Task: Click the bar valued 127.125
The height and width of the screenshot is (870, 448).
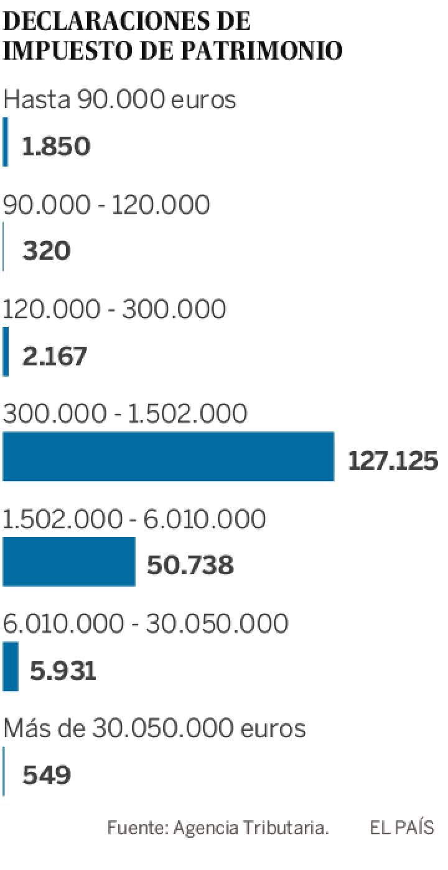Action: (x=168, y=457)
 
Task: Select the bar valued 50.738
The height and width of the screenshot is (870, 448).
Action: (x=68, y=561)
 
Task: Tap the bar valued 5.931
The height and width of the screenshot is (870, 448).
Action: (x=11, y=666)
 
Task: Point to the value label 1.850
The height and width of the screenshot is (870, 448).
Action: (x=57, y=147)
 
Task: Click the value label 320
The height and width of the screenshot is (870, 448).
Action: (x=47, y=252)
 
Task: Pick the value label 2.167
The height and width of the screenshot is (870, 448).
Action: (x=55, y=357)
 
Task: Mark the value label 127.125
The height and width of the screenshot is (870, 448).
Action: (x=393, y=461)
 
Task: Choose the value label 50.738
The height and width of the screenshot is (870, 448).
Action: (x=190, y=565)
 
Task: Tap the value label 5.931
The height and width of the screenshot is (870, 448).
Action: (x=63, y=671)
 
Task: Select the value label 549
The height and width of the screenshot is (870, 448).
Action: (x=47, y=775)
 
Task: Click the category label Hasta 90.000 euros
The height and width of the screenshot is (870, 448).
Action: (x=120, y=99)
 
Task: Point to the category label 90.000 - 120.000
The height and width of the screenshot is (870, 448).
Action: (x=106, y=204)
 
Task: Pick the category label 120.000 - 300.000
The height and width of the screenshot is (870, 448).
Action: (x=114, y=309)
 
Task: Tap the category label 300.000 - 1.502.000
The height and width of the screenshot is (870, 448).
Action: (x=125, y=414)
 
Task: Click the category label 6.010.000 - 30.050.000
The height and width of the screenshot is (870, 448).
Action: (x=146, y=623)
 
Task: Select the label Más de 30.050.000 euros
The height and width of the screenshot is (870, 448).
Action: (x=154, y=728)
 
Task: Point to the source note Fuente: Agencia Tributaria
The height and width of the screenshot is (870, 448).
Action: (x=218, y=828)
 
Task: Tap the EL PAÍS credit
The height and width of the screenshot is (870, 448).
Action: (x=401, y=828)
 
